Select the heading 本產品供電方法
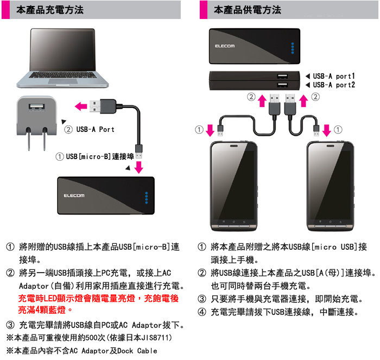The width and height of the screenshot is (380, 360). pos(248,10)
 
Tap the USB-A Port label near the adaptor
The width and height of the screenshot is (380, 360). pos(95,129)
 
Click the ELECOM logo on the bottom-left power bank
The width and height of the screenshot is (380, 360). pos(73,195)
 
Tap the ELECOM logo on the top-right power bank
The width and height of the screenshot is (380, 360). pos(225,46)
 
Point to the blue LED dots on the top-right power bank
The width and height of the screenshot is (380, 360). pos(292,48)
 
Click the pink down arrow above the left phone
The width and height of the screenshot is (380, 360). pos(210,130)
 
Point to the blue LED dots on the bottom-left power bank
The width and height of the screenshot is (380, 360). pos(145,197)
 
